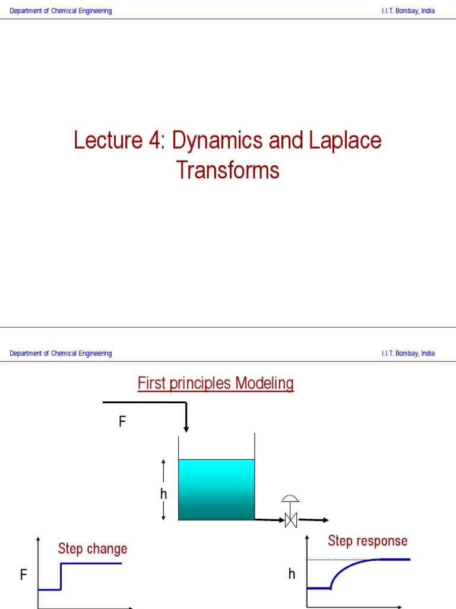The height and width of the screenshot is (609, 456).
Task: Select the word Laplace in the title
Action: tap(345, 141)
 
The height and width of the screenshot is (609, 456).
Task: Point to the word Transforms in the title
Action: tap(227, 171)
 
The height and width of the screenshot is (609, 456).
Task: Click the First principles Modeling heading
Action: tap(216, 384)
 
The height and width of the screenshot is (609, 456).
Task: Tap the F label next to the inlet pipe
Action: tap(122, 422)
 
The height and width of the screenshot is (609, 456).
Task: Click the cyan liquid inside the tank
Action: tap(216, 489)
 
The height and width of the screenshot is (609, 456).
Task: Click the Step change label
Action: tap(92, 548)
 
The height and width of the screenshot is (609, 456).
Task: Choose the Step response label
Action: tap(368, 541)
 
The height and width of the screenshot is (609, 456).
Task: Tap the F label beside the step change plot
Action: tap(24, 575)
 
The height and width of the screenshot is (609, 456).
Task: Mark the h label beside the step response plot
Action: tap(292, 574)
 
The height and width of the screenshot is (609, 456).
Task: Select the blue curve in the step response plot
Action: tap(344, 569)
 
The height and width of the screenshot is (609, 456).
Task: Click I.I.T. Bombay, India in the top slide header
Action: tap(408, 11)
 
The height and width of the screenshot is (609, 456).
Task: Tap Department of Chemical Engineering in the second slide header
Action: tap(61, 353)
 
